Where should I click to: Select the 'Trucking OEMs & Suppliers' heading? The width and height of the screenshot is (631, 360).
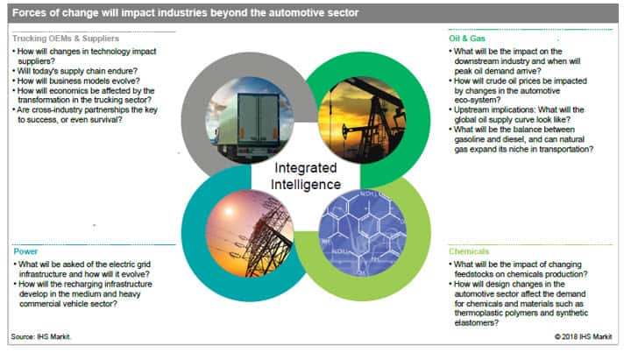[x=66, y=39]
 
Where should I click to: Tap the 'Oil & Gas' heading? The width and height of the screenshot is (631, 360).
[x=467, y=39]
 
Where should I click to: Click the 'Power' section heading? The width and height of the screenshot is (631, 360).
[x=25, y=251]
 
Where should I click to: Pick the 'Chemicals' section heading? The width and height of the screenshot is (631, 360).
[x=469, y=251]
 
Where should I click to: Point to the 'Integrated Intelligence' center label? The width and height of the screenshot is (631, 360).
[x=306, y=176]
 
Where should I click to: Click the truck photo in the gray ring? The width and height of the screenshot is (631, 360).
[x=250, y=120]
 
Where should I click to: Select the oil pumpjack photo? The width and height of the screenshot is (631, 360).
[x=362, y=120]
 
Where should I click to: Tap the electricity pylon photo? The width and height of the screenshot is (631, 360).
[x=250, y=233]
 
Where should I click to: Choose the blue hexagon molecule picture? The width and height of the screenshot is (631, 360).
[x=362, y=233]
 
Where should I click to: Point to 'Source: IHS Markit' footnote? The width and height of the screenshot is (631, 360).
[x=40, y=336]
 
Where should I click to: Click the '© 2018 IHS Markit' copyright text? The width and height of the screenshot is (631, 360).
[x=583, y=336]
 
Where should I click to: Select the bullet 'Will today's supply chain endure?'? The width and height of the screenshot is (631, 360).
[x=77, y=71]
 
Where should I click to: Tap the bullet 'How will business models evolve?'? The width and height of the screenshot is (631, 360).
[x=79, y=81]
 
